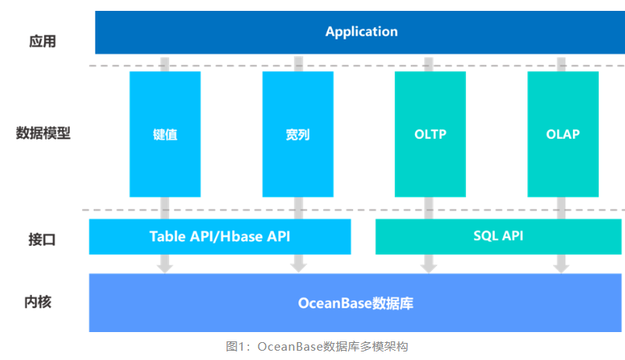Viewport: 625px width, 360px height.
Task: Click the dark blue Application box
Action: (x=361, y=32)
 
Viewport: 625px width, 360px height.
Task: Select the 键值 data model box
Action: (x=165, y=133)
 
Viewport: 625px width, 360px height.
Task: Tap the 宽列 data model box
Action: (x=298, y=133)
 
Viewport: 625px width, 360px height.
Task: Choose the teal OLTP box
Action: (x=430, y=133)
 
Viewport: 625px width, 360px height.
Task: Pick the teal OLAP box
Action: (x=563, y=133)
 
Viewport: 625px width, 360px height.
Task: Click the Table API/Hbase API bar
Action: (x=220, y=237)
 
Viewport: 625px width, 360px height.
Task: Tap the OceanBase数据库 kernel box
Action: (x=355, y=303)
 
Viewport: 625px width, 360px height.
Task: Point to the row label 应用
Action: (x=43, y=41)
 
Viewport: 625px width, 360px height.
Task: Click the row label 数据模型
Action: (x=43, y=133)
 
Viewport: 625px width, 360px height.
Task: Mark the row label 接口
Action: (x=43, y=239)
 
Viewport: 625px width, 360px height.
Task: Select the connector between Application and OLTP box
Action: (x=430, y=63)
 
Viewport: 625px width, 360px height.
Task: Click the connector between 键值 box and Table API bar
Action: (x=164, y=207)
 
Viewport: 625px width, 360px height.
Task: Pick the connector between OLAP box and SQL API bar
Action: (x=562, y=207)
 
